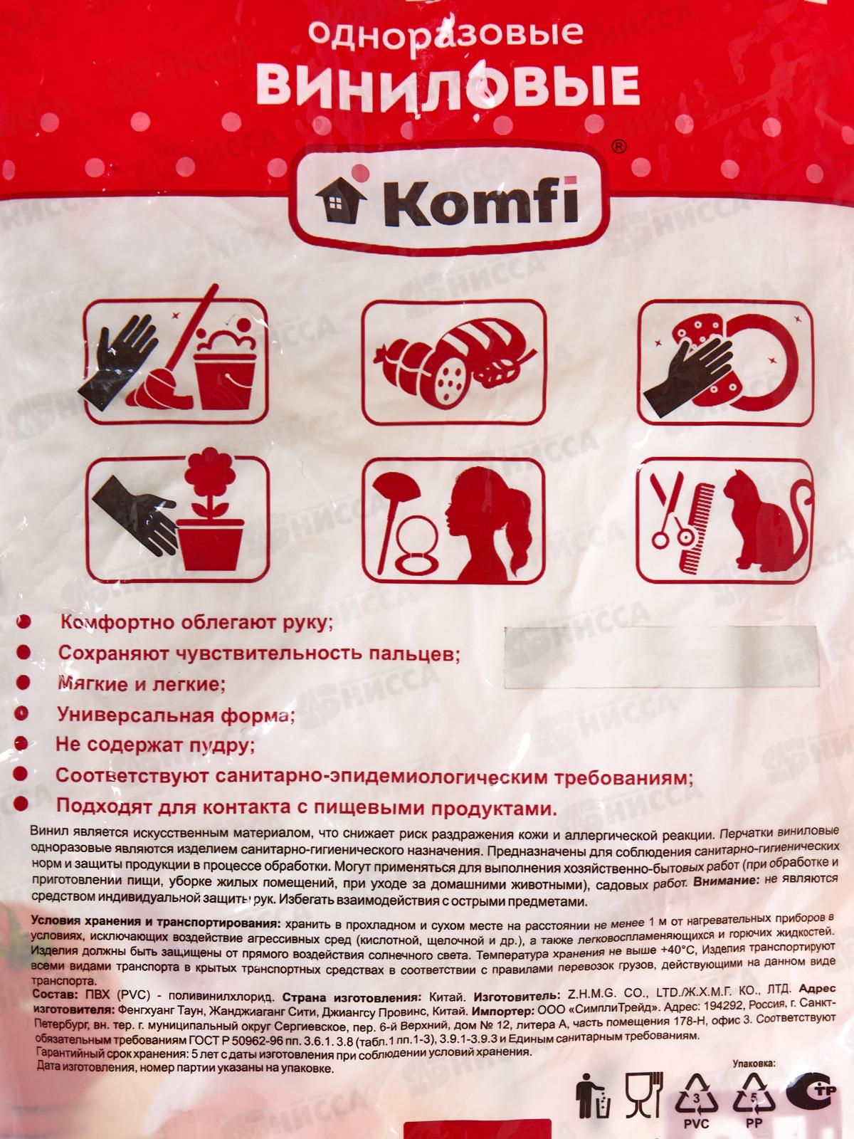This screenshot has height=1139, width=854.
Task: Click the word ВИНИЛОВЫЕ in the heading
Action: point(448,85)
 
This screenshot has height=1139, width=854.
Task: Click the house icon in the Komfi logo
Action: point(341,200)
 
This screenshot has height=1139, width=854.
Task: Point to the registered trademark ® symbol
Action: point(618,147)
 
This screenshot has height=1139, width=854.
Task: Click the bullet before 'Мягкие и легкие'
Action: point(23,682)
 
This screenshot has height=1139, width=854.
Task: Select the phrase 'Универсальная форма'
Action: point(176,715)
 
